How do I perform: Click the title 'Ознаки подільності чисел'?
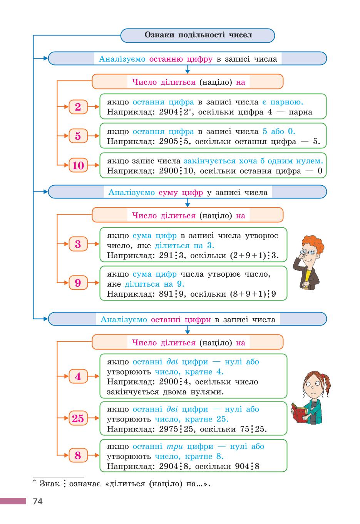pos(198,35)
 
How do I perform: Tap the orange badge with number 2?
pos(78,107)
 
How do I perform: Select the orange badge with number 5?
pos(78,136)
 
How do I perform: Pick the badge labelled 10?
pos(78,165)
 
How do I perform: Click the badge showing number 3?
pos(78,244)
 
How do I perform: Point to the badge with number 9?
pos(78,282)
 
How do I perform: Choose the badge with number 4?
pos(78,376)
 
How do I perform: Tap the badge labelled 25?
pos(78,418)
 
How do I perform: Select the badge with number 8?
pos(78,455)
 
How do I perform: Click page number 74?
pos(38,501)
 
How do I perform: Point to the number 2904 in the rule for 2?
pos(169,112)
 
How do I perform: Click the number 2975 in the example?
pos(169,429)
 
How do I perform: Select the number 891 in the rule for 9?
pos(166,294)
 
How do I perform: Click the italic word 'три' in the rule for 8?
pos(175,446)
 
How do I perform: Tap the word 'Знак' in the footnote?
pos(50,484)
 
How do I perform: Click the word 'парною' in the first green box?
pos(286,102)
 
